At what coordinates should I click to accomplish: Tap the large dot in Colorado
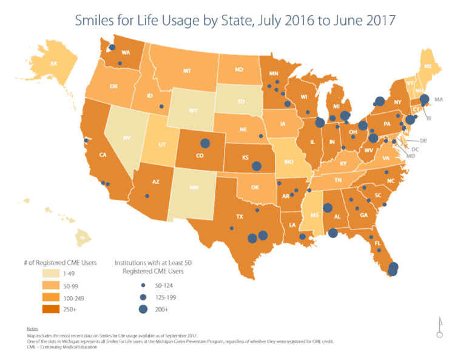tap(205, 144)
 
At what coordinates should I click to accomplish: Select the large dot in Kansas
tap(257, 166)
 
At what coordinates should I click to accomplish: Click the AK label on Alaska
tap(53, 64)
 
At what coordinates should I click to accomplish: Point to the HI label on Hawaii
tap(82, 237)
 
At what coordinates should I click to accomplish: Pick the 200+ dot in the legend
tap(143, 309)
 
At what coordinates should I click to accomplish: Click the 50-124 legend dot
tap(143, 285)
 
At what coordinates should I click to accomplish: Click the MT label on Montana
tap(187, 71)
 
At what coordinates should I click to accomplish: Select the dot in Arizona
tap(147, 196)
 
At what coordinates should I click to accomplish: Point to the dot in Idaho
tap(161, 107)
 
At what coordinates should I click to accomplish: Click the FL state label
tap(377, 244)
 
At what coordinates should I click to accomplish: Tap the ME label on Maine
tap(428, 66)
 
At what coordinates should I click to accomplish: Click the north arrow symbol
tap(439, 328)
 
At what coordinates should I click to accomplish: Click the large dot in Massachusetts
tap(425, 100)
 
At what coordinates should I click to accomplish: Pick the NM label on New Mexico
tap(194, 188)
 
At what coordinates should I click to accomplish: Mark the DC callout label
tap(415, 149)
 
